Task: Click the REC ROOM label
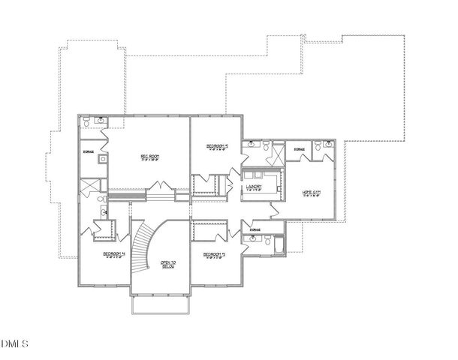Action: point(151,157)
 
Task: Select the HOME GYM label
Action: point(312,193)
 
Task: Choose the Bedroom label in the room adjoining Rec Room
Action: point(215,146)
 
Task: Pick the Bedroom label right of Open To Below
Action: point(214,255)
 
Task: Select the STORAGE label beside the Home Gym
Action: point(300,150)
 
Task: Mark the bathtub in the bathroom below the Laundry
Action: point(279,244)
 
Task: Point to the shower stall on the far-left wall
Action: point(89,186)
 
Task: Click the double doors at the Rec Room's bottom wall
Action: point(158,187)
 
